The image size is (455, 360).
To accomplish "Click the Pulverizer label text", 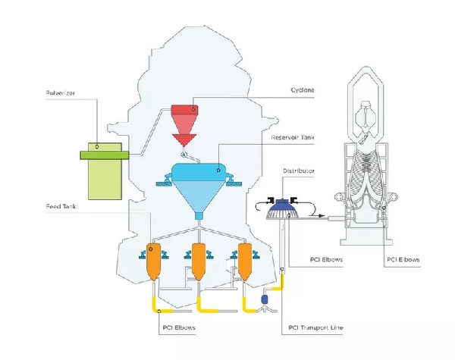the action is coord(61,93).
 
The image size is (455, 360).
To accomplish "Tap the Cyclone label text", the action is coord(303,90).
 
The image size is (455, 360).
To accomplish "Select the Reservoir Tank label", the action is coord(293,137).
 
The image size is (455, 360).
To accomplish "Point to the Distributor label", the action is coord(299,171).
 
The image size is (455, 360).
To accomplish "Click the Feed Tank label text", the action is coord(61,207).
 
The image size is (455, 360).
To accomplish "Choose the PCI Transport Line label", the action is coord(315,327).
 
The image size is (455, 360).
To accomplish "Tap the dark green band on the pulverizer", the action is coord(105,155).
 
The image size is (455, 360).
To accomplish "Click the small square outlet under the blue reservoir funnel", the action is coord(199,216).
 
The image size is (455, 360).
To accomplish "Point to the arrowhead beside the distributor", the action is coord(321,215).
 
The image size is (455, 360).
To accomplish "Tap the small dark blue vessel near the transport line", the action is coord(265,299).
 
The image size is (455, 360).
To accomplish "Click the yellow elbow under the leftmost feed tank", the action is coord(158,305).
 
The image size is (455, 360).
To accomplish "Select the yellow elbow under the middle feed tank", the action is coord(205,306).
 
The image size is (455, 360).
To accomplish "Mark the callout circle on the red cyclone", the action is coord(193,109).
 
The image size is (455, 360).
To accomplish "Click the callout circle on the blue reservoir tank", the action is coord(218,171).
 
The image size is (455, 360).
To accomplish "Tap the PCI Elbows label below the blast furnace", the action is coord(403,259).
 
